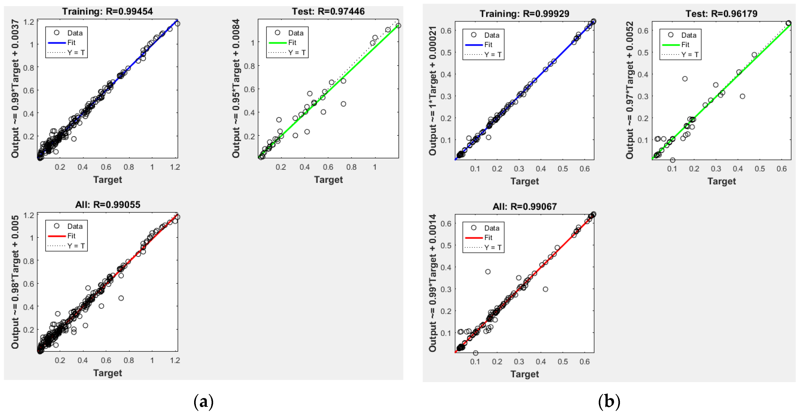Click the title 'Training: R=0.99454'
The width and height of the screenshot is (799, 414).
point(107,12)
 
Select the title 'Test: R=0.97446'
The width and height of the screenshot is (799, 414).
point(328,12)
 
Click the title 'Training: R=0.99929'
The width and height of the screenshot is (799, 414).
point(524,14)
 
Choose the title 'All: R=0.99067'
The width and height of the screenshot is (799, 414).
point(524,207)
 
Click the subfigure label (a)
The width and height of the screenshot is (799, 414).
point(204,401)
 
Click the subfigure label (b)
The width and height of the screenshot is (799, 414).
point(609,401)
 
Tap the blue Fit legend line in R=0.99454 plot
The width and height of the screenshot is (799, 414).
point(57,43)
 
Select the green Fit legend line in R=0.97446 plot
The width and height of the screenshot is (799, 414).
point(277,43)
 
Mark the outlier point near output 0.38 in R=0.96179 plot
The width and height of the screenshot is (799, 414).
point(685,79)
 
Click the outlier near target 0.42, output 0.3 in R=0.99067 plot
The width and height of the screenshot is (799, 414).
point(545,289)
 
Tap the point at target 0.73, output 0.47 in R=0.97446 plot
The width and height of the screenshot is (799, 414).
point(343,104)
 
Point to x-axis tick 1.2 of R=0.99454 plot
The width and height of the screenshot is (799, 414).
point(175,167)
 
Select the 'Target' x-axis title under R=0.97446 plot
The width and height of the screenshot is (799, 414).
point(328,179)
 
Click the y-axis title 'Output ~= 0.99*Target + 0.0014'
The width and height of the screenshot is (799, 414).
point(432,283)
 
